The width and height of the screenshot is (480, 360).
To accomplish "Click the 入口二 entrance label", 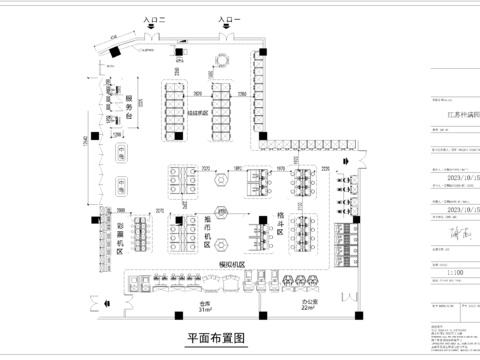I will point(155,19).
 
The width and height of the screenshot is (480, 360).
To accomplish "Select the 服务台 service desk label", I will point(129,102).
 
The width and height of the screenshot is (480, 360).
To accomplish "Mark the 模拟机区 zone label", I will point(233,264).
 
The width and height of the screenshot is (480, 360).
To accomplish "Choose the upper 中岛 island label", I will point(120,154).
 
